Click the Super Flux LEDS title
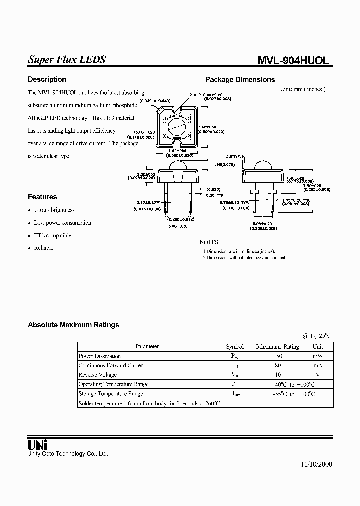point(66,59)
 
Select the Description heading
point(47,79)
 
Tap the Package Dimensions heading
point(240,79)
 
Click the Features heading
point(42,197)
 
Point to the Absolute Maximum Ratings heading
point(73,325)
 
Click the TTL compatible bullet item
point(52,235)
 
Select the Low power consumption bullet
point(62,223)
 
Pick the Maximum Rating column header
point(277,346)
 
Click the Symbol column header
point(235,346)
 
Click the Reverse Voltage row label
point(97,375)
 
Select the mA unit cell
point(318,365)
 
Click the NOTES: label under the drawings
point(210,242)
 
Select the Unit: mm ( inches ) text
point(303,89)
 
